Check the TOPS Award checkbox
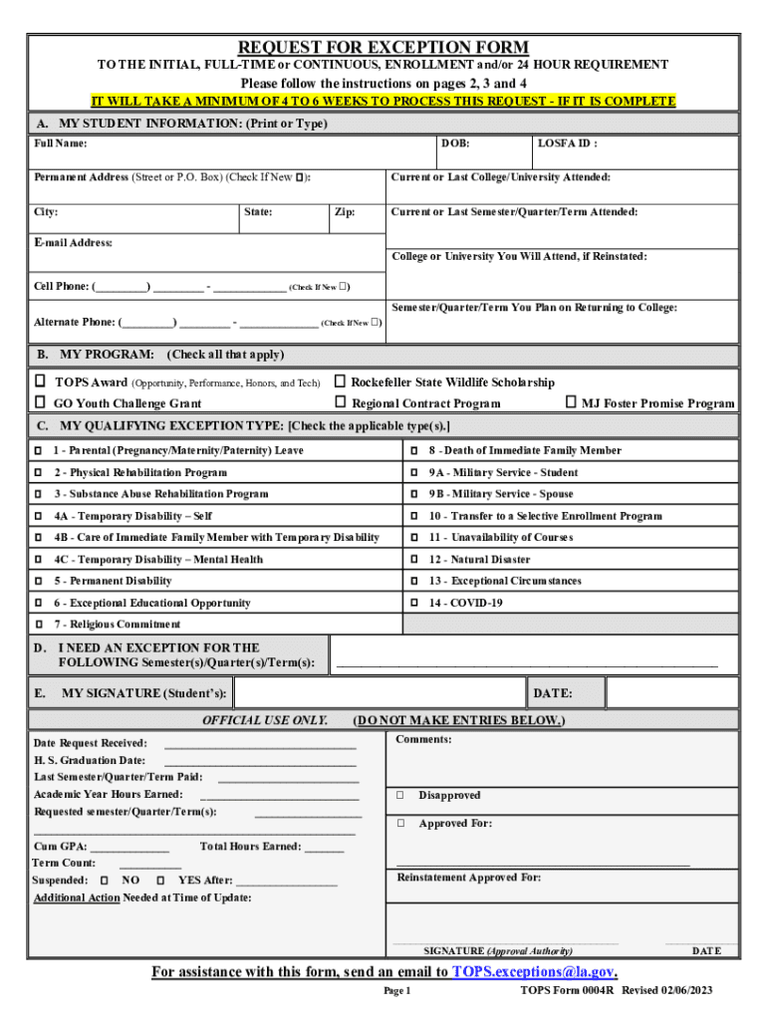pyautogui.click(x=41, y=382)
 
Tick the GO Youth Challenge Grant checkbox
pyautogui.click(x=41, y=402)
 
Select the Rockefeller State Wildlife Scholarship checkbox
pyautogui.click(x=340, y=382)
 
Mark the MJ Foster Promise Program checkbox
pyautogui.click(x=571, y=402)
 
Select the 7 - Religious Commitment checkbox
pyautogui.click(x=39, y=625)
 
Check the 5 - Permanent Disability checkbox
pyautogui.click(x=39, y=581)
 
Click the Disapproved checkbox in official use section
pyautogui.click(x=399, y=796)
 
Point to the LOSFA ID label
pyautogui.click(x=567, y=143)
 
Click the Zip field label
pyautogui.click(x=345, y=212)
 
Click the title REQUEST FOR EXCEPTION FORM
pyautogui.click(x=383, y=48)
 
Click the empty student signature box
pyautogui.click(x=379, y=692)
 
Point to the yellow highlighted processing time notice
pyautogui.click(x=383, y=102)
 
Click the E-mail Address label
pyautogui.click(x=73, y=242)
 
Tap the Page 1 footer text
pyautogui.click(x=396, y=992)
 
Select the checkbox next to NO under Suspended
pyautogui.click(x=105, y=881)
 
